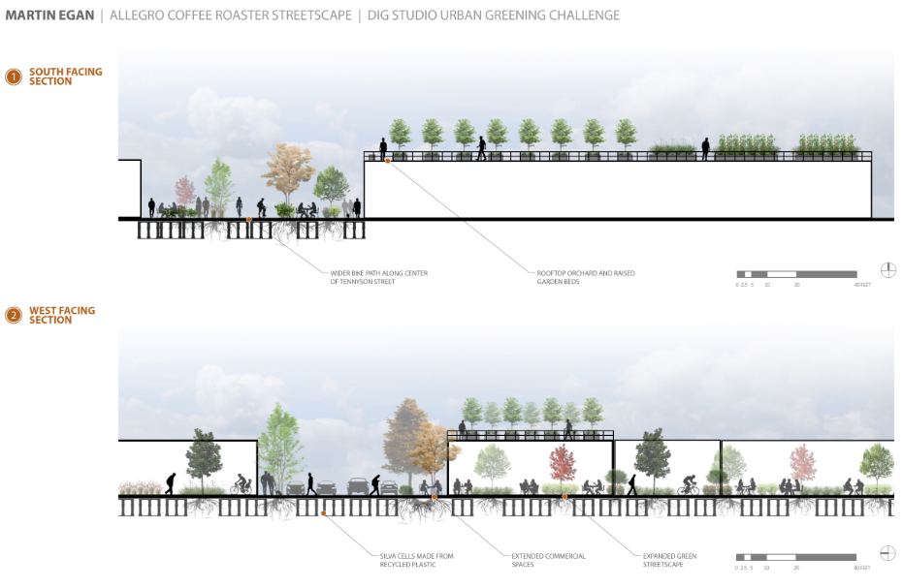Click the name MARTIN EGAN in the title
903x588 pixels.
[50, 15]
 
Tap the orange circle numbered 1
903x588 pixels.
[14, 77]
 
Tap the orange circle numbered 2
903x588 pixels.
[14, 315]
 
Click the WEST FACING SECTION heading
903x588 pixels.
[62, 315]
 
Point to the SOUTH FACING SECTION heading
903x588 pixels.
[65, 77]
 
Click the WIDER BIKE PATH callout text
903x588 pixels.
[378, 277]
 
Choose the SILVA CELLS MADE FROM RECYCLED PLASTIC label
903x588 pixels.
[416, 560]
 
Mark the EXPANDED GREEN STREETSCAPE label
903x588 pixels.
[669, 560]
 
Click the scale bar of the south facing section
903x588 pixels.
[796, 274]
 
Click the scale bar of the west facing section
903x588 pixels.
[796, 557]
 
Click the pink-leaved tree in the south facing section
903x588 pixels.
[184, 190]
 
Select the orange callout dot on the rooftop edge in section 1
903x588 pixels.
[387, 161]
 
